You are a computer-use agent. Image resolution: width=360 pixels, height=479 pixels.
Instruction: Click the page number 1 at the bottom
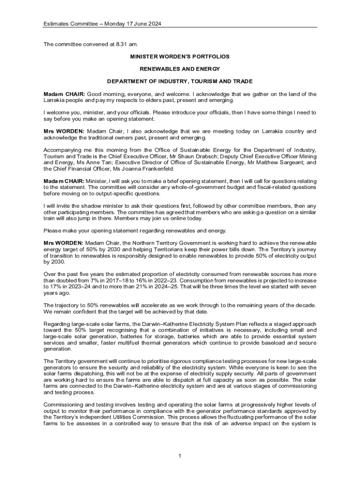tap(180, 456)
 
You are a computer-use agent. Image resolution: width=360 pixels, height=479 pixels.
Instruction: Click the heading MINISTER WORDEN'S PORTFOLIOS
tap(180, 56)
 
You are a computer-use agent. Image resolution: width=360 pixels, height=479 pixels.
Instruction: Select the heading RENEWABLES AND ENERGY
tap(180, 69)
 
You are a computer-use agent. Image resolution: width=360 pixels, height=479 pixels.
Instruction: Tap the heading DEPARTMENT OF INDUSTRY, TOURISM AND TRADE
tap(180, 81)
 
